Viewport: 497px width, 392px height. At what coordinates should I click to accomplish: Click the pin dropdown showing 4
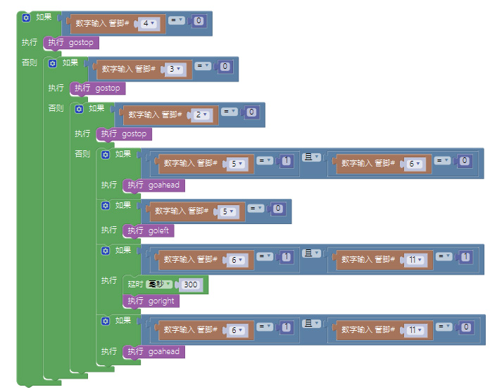149,24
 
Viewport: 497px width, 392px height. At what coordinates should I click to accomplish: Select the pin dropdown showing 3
175,70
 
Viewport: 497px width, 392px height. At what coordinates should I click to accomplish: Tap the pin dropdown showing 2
201,115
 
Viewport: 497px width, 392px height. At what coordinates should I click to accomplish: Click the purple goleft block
149,230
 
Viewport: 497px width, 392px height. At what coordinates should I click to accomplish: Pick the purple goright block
151,301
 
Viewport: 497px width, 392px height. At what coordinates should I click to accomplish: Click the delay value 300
191,285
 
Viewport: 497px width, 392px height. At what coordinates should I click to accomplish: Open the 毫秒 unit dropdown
159,285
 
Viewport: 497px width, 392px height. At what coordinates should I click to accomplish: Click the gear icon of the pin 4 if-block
26,18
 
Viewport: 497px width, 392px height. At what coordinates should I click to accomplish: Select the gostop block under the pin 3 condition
98,89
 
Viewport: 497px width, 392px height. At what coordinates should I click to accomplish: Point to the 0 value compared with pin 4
199,21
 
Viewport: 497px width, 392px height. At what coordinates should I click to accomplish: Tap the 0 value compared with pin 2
252,112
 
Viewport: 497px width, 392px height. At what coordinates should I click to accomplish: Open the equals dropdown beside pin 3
203,66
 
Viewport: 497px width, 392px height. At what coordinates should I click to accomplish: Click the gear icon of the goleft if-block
105,206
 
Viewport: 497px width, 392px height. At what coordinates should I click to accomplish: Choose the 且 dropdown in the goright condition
312,253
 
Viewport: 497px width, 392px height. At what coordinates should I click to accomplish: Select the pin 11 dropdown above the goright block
415,260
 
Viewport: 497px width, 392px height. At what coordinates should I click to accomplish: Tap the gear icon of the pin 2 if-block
79,109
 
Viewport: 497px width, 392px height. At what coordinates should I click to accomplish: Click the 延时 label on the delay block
135,285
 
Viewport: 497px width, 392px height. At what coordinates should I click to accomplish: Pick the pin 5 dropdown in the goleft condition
228,211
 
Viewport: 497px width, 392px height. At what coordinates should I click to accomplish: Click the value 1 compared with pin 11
465,256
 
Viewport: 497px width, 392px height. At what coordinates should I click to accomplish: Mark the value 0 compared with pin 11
465,327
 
